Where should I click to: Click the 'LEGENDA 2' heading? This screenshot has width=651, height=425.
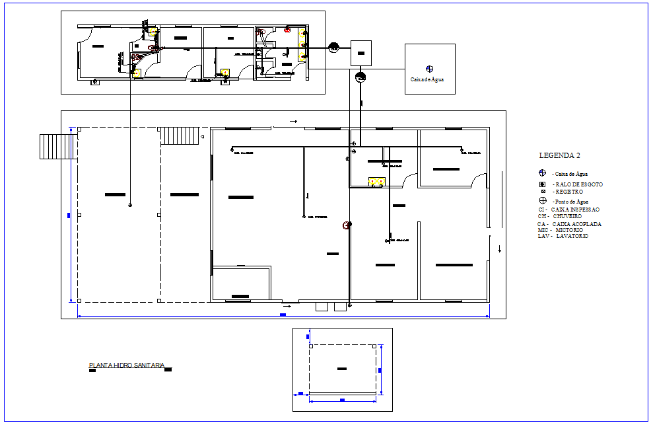(x=559, y=156)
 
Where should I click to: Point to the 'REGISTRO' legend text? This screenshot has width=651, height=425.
(x=571, y=191)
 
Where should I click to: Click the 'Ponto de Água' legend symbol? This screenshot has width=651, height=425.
(x=542, y=201)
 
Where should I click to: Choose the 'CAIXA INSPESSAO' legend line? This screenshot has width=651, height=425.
(x=569, y=210)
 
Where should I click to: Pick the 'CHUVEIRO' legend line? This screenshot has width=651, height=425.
(x=559, y=216)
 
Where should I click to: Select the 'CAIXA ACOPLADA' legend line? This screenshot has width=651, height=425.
(x=569, y=224)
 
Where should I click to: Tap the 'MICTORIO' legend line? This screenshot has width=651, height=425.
(x=560, y=230)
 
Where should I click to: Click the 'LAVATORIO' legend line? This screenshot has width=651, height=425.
(x=563, y=236)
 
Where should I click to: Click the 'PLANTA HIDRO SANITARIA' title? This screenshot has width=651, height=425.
(x=127, y=365)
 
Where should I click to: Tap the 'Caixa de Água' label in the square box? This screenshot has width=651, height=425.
(x=427, y=79)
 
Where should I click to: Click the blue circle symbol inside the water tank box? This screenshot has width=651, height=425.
(x=430, y=68)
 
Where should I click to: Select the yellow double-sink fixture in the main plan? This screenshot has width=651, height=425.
(x=377, y=181)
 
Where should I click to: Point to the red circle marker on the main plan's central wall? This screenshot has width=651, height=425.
(x=345, y=225)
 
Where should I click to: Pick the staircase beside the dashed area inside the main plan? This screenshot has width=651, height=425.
(x=180, y=136)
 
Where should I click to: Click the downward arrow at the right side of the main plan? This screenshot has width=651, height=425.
(x=500, y=249)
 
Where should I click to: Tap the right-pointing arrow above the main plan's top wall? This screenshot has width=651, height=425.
(x=293, y=122)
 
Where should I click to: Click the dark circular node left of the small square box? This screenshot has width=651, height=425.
(x=334, y=48)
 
